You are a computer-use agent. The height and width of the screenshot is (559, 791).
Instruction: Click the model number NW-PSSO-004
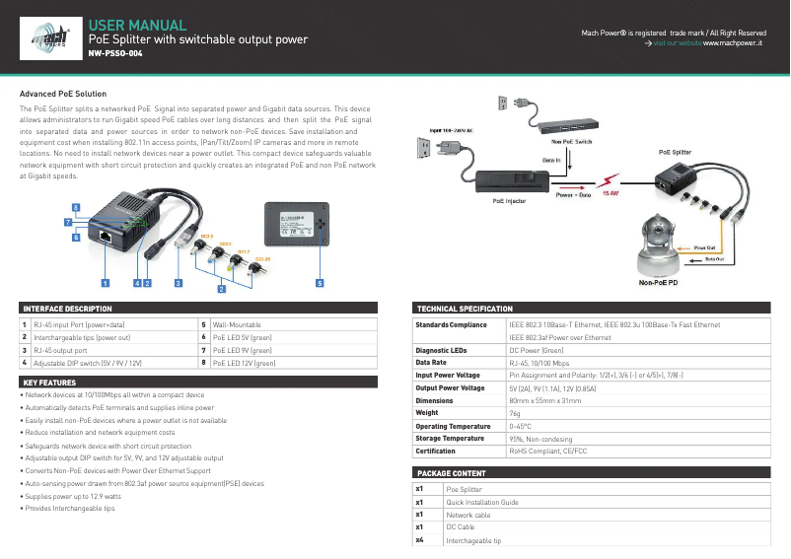click(115, 55)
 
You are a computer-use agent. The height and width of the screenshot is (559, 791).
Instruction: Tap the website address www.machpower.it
click(733, 44)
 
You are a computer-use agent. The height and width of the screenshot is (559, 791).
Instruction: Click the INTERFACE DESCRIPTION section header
click(68, 309)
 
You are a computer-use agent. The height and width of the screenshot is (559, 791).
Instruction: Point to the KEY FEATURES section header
click(50, 383)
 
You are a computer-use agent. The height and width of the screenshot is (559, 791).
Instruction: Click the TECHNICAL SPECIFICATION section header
click(466, 309)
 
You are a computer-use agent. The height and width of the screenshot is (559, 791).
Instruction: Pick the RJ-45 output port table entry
click(61, 350)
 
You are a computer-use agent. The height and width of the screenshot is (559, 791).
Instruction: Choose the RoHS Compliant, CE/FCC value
click(547, 451)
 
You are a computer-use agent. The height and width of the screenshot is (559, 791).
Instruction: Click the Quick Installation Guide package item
click(482, 502)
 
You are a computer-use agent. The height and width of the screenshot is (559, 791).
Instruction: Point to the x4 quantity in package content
click(421, 540)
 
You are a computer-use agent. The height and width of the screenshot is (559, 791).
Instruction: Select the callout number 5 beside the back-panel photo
click(319, 283)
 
